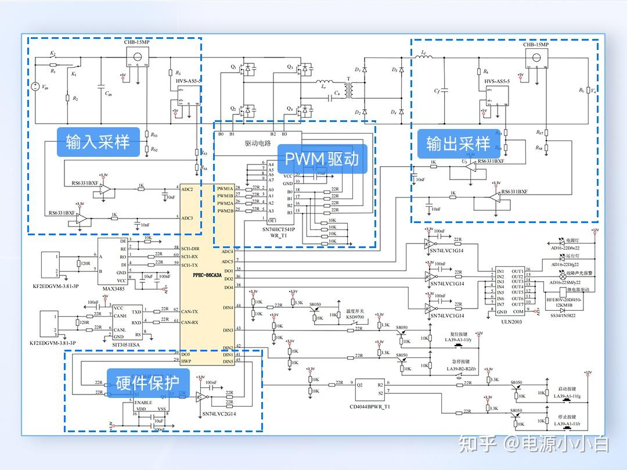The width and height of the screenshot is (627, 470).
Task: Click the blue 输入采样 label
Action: click(x=98, y=142)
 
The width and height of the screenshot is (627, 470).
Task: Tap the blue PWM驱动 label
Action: click(x=322, y=158)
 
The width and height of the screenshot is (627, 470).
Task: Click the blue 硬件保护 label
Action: click(x=147, y=383)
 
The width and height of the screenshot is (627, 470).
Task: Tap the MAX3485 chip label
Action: click(x=114, y=288)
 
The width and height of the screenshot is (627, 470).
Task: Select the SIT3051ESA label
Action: click(x=128, y=343)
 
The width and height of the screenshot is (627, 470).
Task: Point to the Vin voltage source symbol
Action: click(x=36, y=87)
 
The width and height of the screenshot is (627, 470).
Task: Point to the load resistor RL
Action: click(x=589, y=90)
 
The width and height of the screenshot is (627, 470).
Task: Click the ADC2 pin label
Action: click(x=188, y=189)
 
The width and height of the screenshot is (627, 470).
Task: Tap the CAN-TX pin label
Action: click(x=189, y=311)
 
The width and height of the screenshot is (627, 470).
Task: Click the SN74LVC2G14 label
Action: click(x=218, y=413)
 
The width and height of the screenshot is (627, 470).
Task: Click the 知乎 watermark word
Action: click(x=477, y=444)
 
